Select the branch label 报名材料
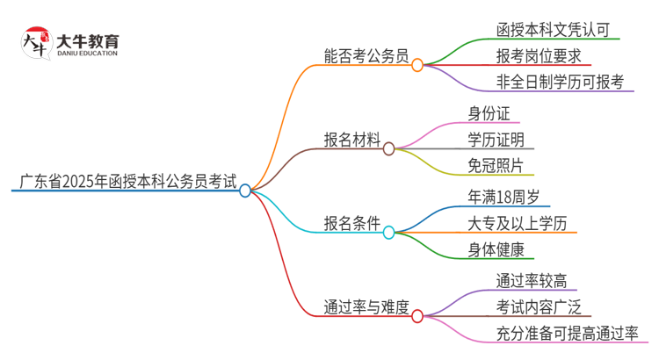click(352, 140)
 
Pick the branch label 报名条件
click(352, 223)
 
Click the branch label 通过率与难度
click(366, 306)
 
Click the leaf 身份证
click(489, 112)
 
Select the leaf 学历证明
click(496, 139)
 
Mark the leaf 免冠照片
click(496, 165)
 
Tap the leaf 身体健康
click(496, 248)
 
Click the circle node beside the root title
click(245, 190)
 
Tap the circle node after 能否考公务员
click(417, 64)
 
